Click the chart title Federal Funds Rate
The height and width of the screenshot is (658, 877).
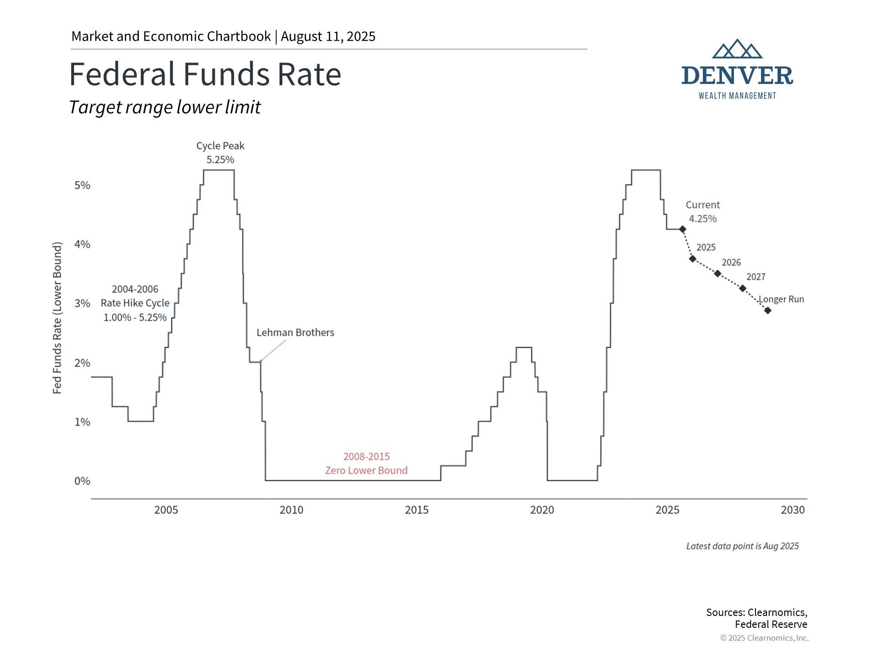pyautogui.click(x=205, y=74)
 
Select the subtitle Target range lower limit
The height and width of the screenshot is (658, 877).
pyautogui.click(x=164, y=107)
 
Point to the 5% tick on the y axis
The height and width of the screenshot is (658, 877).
pyautogui.click(x=82, y=186)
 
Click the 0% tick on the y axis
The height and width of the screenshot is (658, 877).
pyautogui.click(x=82, y=481)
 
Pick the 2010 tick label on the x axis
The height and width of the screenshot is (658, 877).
pyautogui.click(x=291, y=510)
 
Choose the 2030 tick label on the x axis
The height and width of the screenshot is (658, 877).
pyautogui.click(x=792, y=510)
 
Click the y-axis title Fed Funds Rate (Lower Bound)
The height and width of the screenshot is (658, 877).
pyautogui.click(x=57, y=318)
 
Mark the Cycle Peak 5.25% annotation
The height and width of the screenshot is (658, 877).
pyautogui.click(x=220, y=153)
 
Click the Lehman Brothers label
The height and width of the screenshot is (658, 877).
pyautogui.click(x=295, y=333)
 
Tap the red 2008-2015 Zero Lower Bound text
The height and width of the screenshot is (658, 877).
pyautogui.click(x=366, y=463)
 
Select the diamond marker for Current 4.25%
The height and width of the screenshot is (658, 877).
pyautogui.click(x=682, y=229)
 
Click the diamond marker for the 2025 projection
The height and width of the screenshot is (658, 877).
pyautogui.click(x=692, y=259)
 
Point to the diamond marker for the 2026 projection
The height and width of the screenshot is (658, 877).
pyautogui.click(x=718, y=274)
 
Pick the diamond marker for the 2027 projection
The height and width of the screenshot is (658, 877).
pyautogui.click(x=743, y=288)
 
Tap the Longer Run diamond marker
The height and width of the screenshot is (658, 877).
pyautogui.click(x=768, y=311)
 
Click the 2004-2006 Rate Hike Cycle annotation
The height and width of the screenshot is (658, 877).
pyautogui.click(x=135, y=303)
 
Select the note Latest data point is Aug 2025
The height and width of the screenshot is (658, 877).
pyautogui.click(x=742, y=547)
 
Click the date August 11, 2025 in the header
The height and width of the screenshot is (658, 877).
pyautogui.click(x=328, y=37)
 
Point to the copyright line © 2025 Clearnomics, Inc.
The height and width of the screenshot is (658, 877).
pyautogui.click(x=764, y=638)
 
